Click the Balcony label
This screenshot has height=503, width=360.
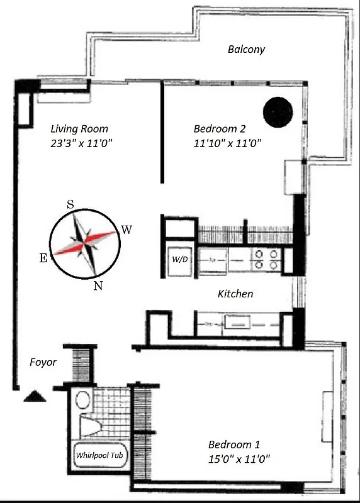[246, 49]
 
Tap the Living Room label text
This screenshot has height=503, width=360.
[79, 129]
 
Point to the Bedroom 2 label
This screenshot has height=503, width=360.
[219, 129]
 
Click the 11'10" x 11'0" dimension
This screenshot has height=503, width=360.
[227, 143]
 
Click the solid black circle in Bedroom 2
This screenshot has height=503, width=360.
[278, 111]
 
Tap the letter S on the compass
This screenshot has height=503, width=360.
[70, 204]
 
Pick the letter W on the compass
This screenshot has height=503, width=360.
[127, 229]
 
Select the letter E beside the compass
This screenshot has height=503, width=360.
[43, 258]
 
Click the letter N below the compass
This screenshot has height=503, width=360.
[98, 286]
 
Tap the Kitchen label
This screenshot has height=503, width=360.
[235, 294]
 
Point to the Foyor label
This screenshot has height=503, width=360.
[43, 363]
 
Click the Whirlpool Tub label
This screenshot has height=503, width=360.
[98, 455]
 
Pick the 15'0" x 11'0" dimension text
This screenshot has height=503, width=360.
[239, 458]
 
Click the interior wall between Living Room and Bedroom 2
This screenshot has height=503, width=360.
[162, 132]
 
